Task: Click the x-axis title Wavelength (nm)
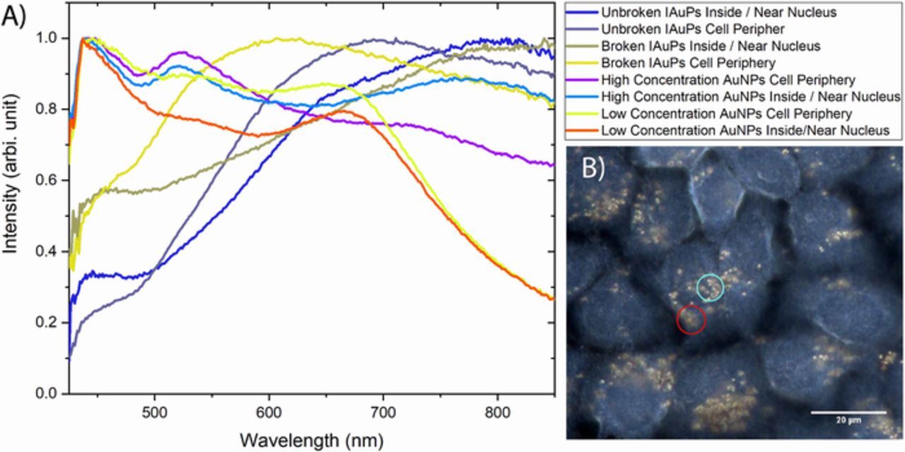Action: click(312, 440)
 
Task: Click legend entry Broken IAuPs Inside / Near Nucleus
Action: click(711, 46)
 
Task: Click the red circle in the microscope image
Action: click(691, 319)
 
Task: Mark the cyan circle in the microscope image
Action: click(711, 287)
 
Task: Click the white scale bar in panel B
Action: click(848, 412)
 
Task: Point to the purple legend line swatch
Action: click(581, 80)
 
